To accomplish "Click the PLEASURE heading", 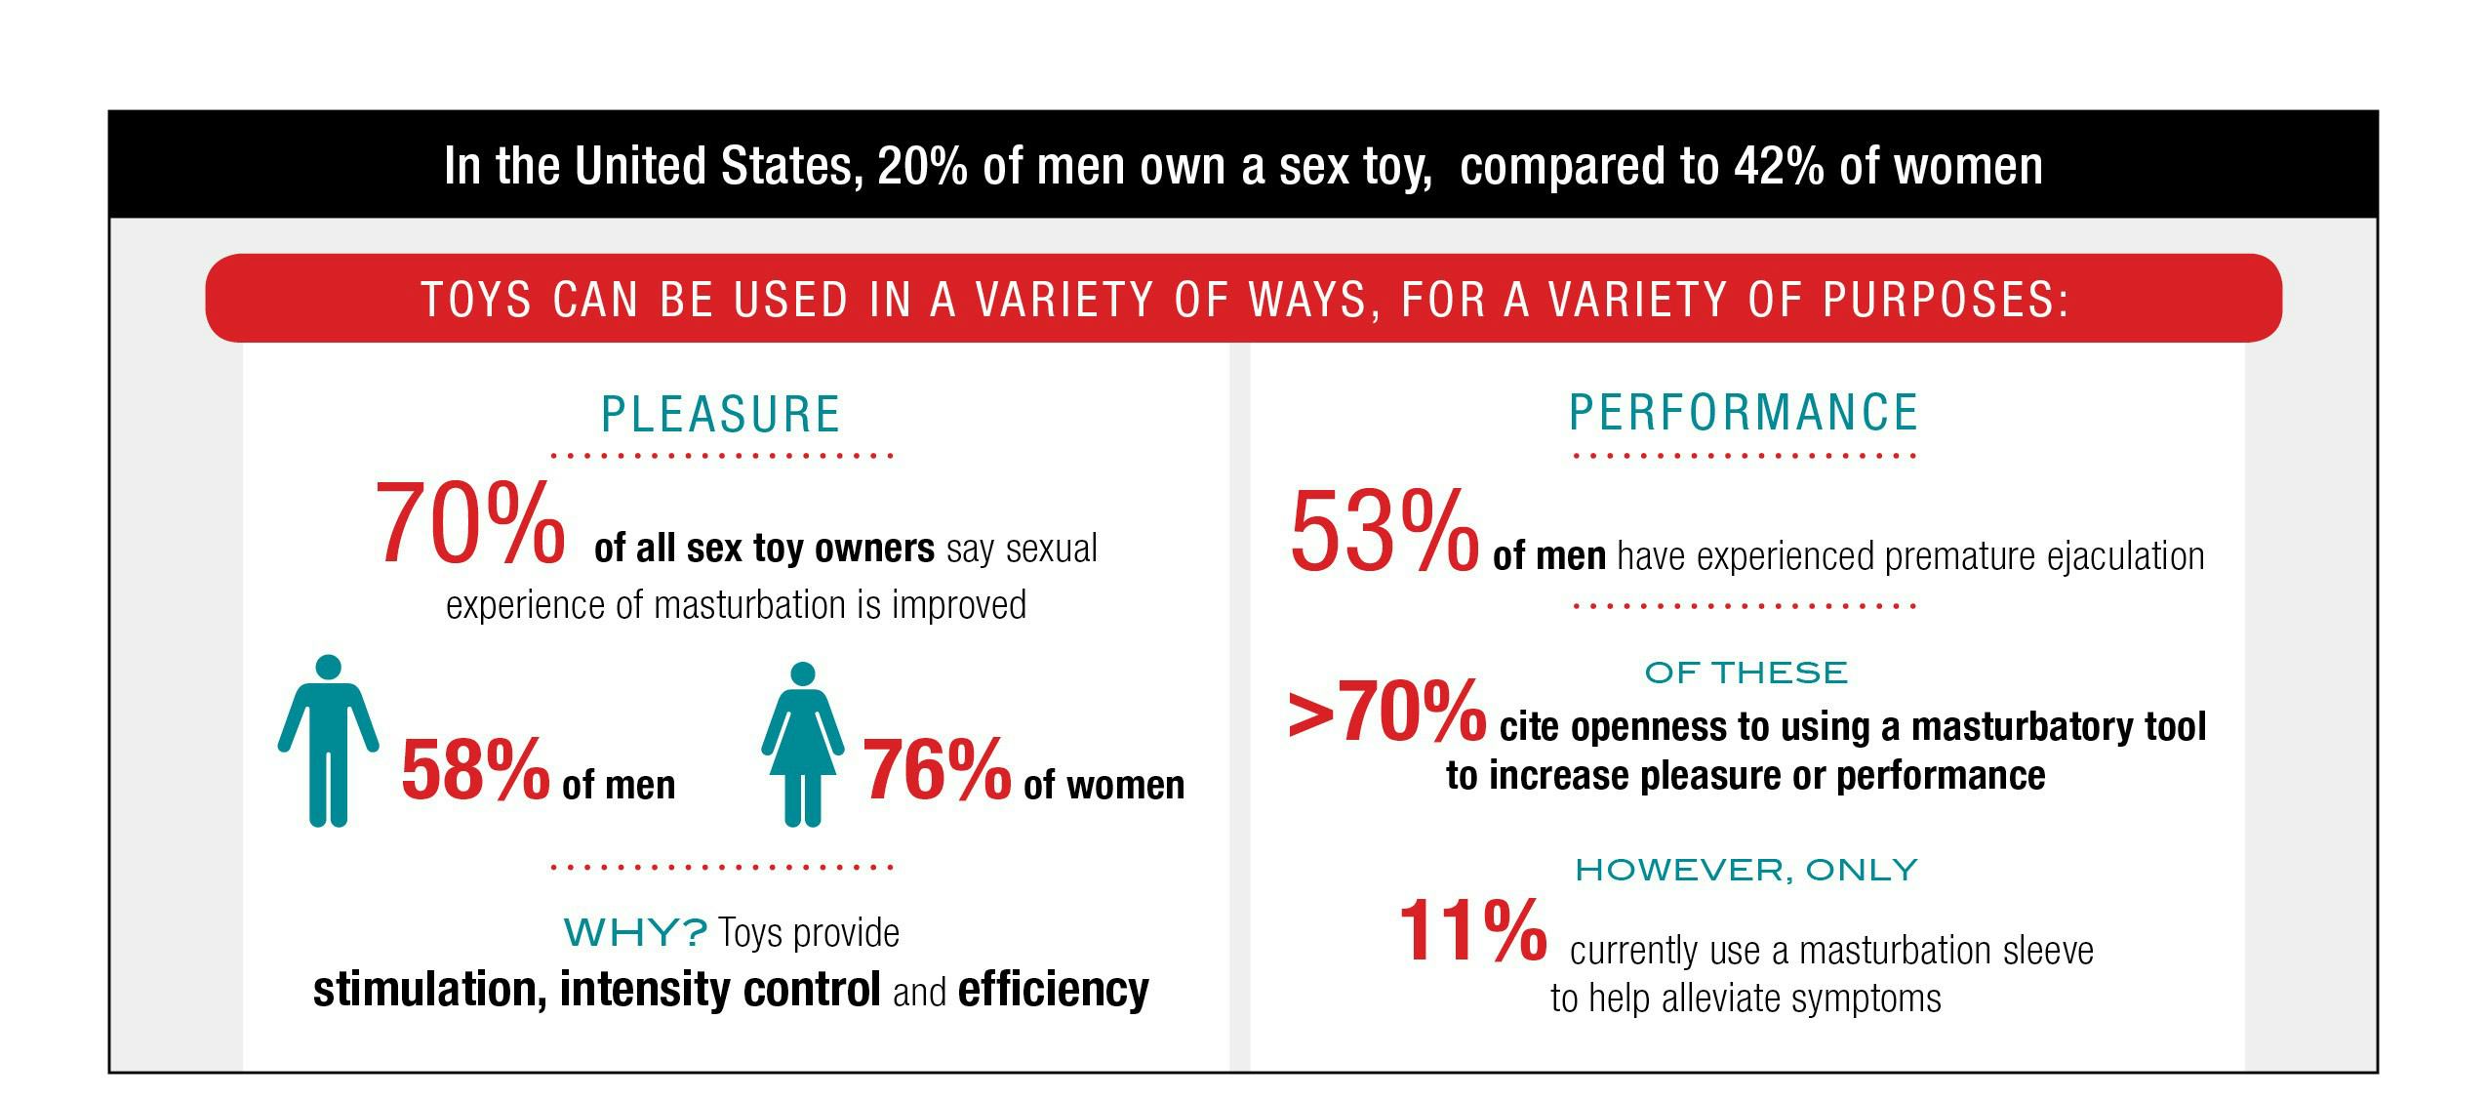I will [720, 414].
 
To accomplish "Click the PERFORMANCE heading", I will [1744, 412].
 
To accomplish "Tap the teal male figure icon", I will [329, 741].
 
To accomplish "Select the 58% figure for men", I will [475, 770].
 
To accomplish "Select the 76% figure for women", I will [937, 770].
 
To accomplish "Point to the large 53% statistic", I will [1384, 533].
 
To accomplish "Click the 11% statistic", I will [1472, 931].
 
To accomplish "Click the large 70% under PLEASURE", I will [469, 524].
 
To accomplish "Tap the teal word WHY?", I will [635, 933].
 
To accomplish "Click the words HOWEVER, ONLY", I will [1746, 870].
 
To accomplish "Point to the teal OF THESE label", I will [1746, 673].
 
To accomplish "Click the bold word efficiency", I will [1053, 990].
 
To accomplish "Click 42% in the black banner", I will [1778, 166].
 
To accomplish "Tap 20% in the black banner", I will [922, 166].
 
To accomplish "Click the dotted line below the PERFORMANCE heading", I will [1745, 456].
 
